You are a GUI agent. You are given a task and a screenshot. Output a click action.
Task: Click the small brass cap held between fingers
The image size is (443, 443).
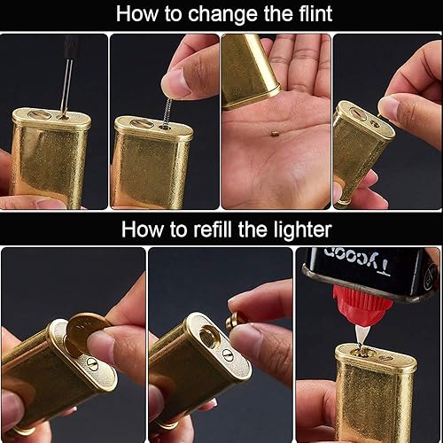(x=235, y=318)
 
